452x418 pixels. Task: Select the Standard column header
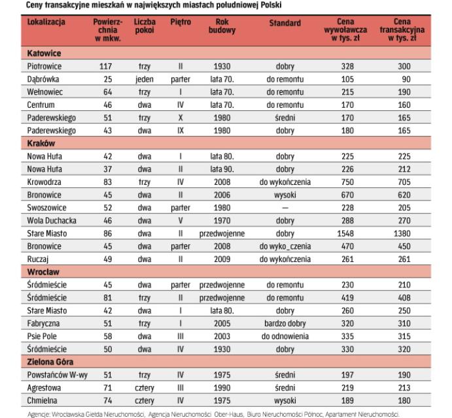click(x=285, y=23)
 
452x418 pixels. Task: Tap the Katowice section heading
click(x=44, y=52)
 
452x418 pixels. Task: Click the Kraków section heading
click(x=41, y=143)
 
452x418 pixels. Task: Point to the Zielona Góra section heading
click(x=50, y=361)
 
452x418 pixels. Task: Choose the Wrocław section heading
click(x=43, y=272)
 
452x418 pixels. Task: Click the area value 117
click(x=105, y=67)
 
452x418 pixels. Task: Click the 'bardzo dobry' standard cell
click(x=285, y=322)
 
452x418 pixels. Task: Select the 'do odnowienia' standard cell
click(x=285, y=335)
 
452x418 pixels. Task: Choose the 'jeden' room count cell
click(x=145, y=79)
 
